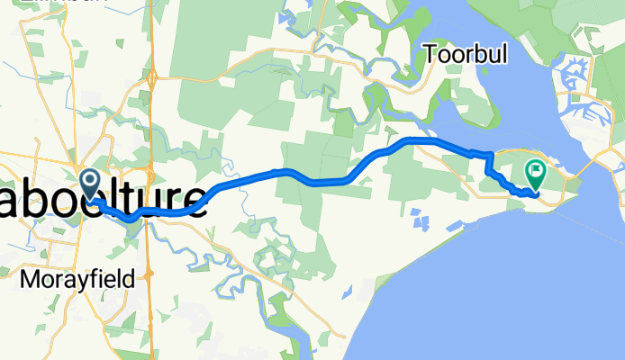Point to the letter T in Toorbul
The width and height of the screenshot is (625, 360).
point(433,55)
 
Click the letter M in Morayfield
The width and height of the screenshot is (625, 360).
point(28,280)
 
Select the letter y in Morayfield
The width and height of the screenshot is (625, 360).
point(75,282)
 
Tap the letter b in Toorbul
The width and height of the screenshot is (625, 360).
point(477,55)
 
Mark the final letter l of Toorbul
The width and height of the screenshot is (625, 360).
point(503,55)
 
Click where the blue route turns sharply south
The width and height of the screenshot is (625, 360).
point(488,155)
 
